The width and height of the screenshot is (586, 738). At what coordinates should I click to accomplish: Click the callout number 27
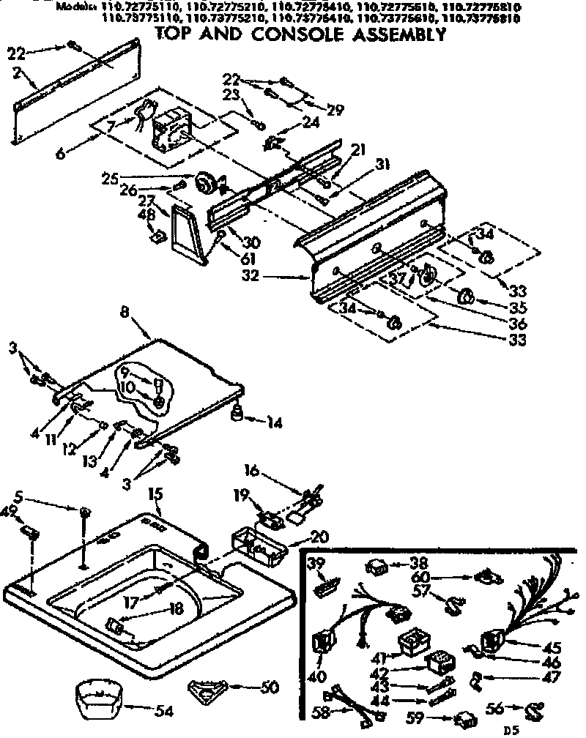point(146,201)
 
